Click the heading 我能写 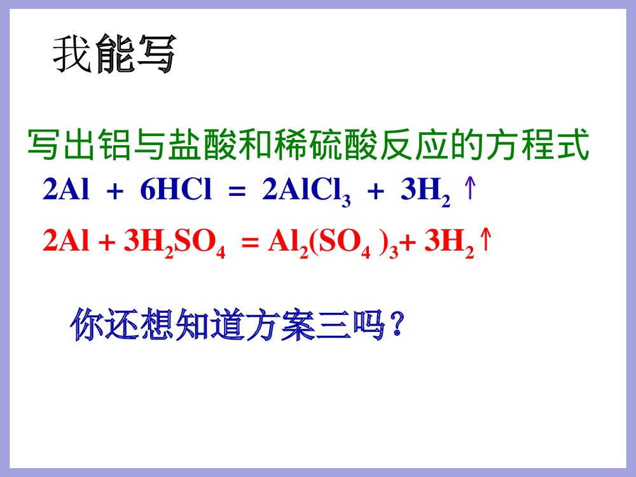point(113,55)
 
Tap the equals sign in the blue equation point(237,191)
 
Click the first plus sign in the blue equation point(115,191)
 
